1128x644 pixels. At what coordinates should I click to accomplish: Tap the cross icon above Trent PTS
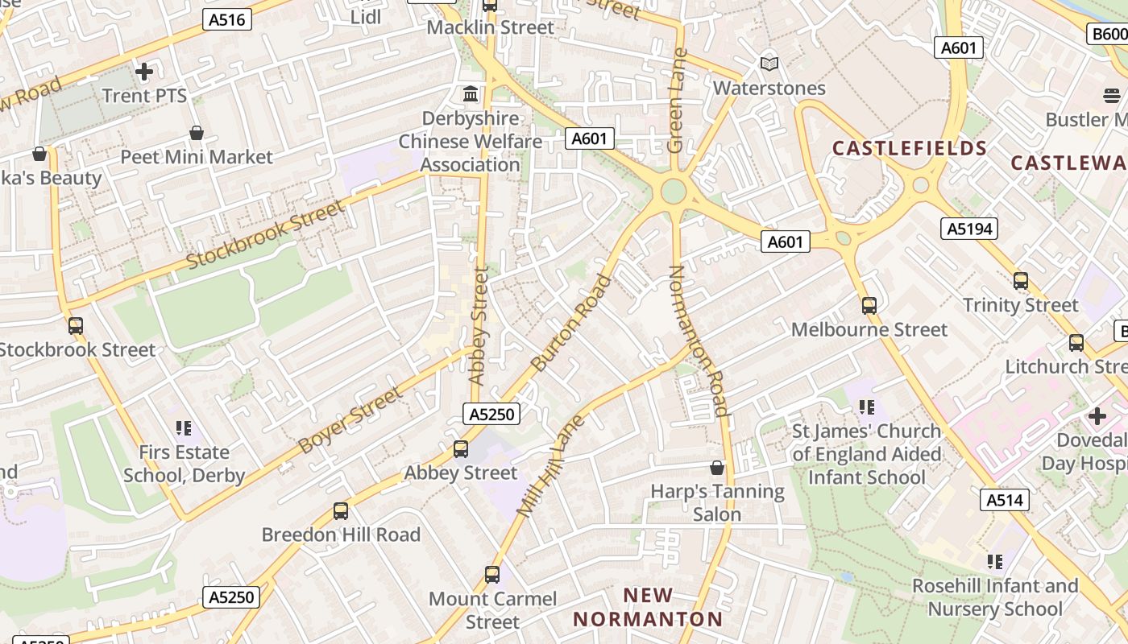pos(144,72)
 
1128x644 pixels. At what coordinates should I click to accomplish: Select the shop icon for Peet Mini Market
pos(196,133)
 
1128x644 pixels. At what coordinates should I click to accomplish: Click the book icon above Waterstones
pos(769,64)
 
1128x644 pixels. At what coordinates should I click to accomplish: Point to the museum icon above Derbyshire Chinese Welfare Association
pos(471,94)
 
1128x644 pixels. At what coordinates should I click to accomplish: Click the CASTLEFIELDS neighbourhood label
pos(910,148)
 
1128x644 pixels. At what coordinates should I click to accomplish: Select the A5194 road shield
pos(969,229)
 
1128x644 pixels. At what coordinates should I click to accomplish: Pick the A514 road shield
pos(1005,500)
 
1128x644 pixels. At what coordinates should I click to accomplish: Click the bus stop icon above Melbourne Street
pos(869,306)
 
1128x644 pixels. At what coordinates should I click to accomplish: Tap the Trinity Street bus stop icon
pos(1020,281)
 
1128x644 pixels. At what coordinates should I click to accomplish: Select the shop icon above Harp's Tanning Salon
pos(716,468)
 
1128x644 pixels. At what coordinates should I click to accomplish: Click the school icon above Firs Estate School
pos(184,428)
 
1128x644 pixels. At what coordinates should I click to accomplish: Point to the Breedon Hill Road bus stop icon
pos(341,511)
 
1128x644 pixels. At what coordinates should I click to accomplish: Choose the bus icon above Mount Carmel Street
pos(492,575)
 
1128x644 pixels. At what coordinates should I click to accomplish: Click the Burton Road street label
pos(571,323)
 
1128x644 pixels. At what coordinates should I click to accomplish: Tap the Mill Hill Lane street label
pos(549,467)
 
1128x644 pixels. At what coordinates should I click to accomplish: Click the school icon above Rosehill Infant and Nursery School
pos(994,562)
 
